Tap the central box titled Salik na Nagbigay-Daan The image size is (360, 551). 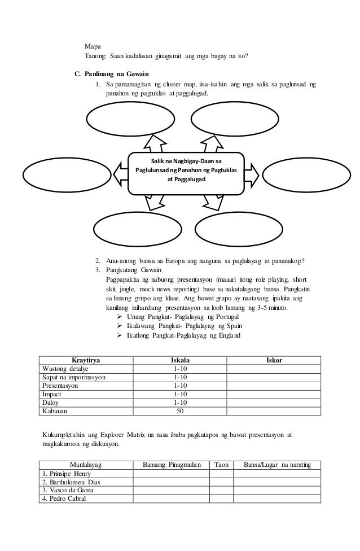point(188,171)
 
